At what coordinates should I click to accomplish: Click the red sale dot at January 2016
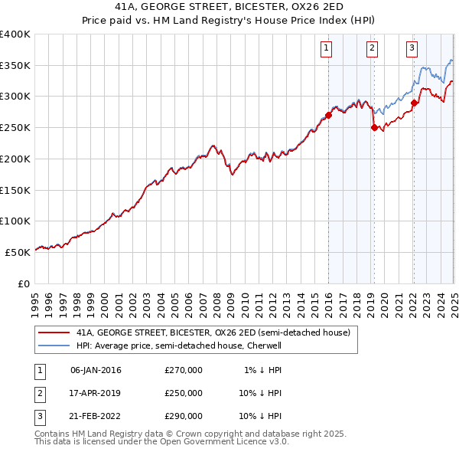(x=328, y=116)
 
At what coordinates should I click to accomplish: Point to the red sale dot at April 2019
(x=374, y=128)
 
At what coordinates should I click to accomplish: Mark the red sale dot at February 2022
(x=414, y=103)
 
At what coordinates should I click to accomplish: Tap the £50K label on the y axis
(x=18, y=252)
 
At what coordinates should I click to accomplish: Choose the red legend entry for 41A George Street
(x=213, y=332)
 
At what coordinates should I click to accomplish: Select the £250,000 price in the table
(x=184, y=393)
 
